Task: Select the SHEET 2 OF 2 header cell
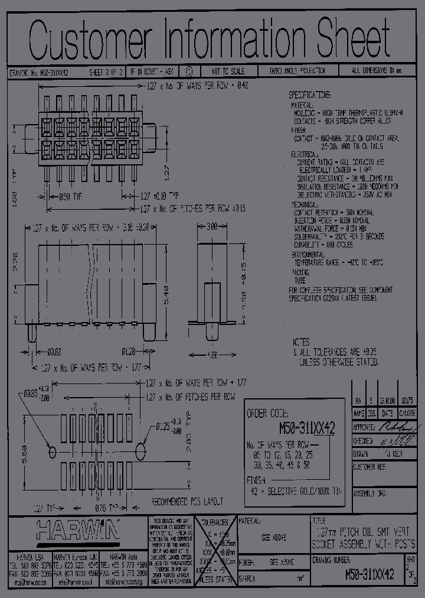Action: [106, 71]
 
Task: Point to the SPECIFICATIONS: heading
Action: [310, 95]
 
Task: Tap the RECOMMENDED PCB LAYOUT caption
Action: [188, 502]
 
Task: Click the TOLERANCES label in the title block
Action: [214, 523]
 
